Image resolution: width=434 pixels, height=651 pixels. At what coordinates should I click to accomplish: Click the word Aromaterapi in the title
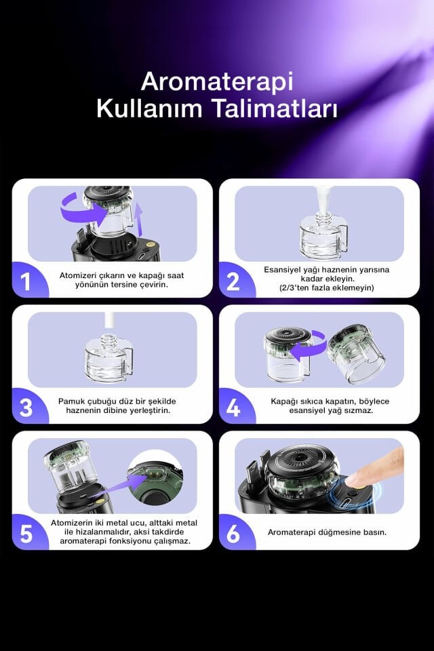tap(217, 82)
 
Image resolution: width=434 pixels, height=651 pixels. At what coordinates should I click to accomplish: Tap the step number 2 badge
tap(233, 281)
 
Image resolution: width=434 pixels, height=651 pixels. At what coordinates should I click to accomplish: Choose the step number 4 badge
tap(233, 408)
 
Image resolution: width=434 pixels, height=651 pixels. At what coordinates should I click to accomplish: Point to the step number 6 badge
tap(233, 534)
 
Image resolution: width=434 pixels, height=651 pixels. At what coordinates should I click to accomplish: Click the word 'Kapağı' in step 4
tap(285, 401)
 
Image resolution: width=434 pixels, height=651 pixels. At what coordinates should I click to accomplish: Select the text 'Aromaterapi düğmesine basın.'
tap(327, 532)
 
